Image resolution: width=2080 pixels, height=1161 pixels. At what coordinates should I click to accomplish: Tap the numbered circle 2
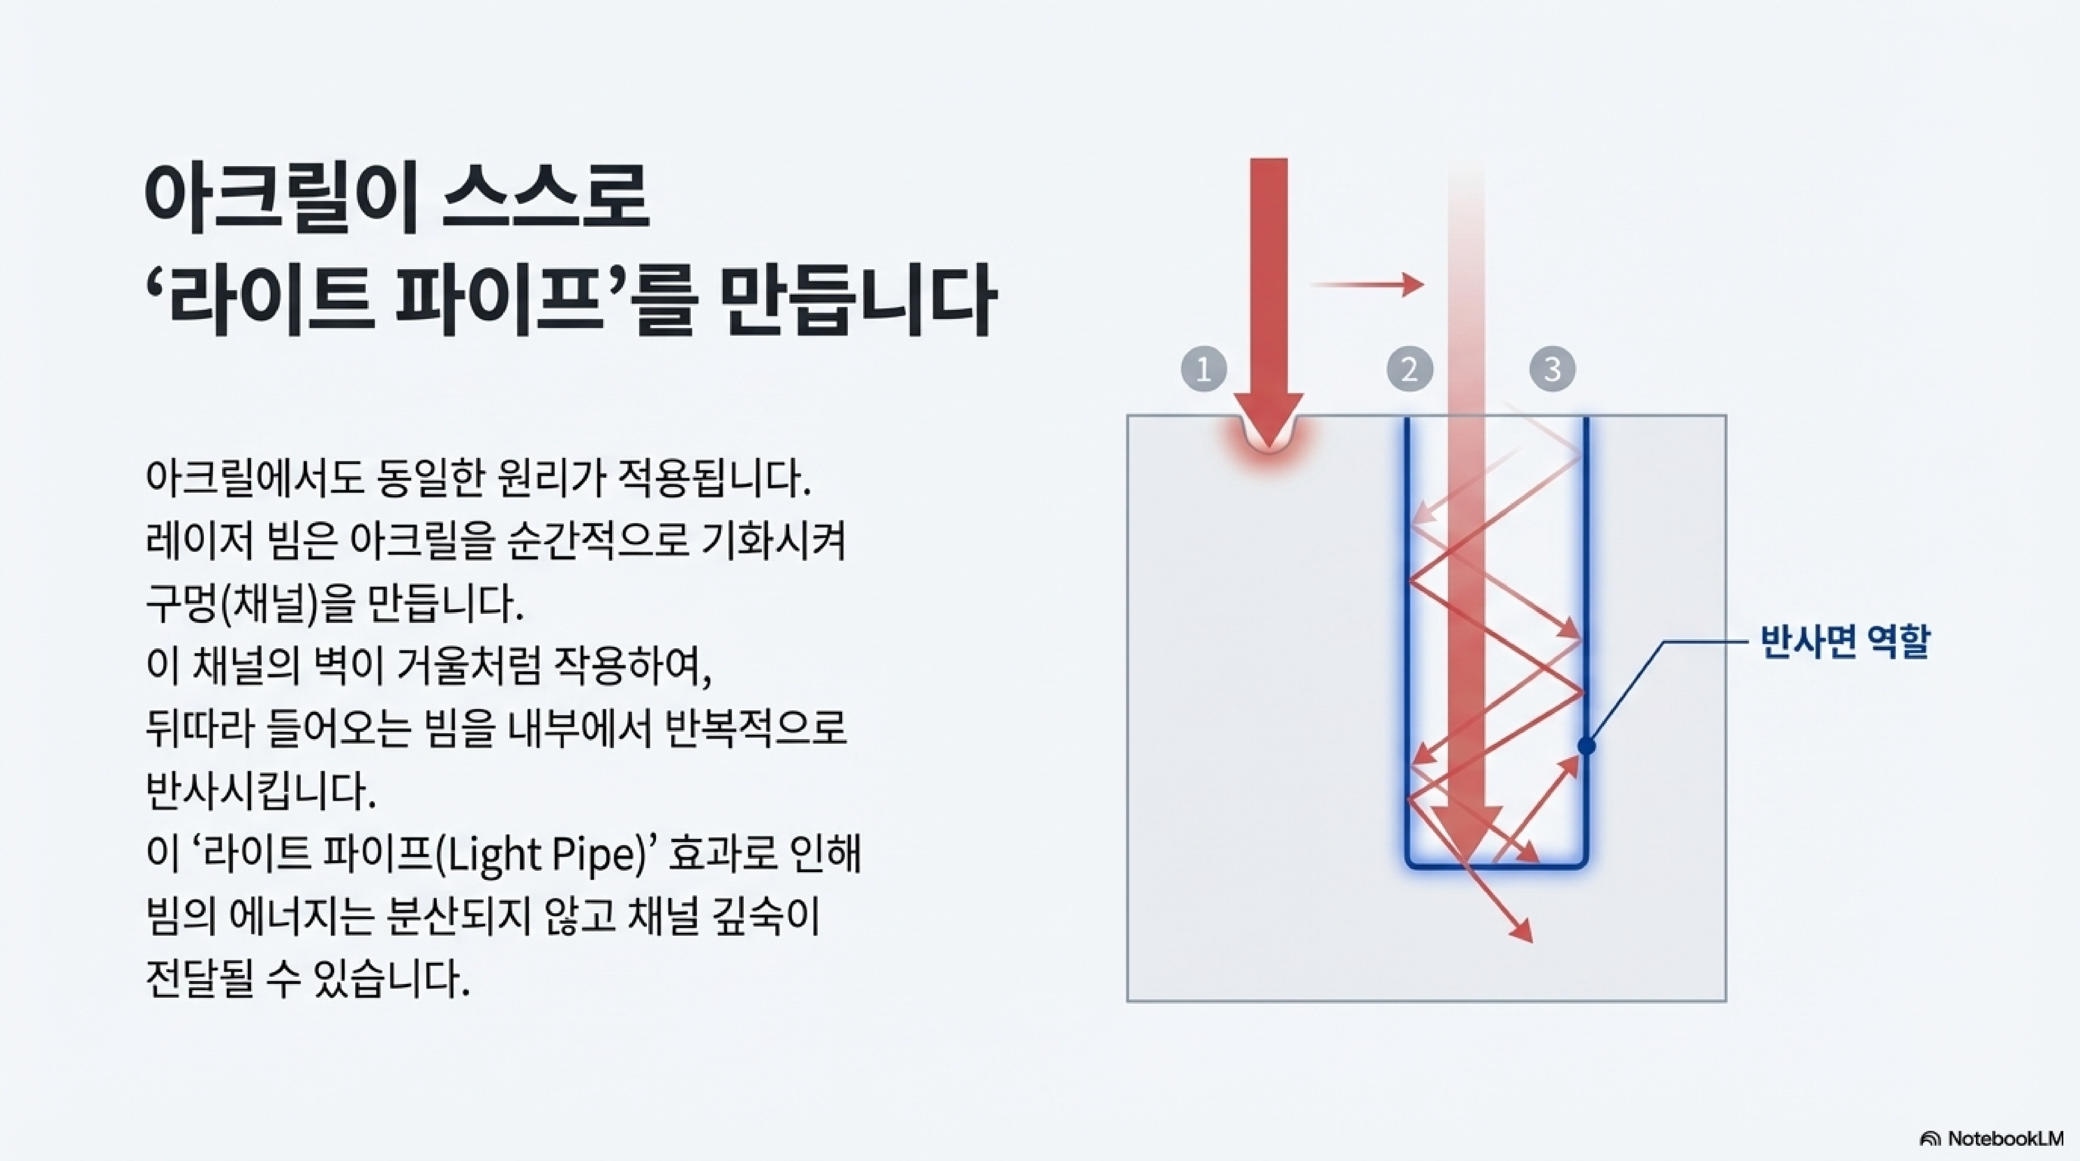coord(1410,370)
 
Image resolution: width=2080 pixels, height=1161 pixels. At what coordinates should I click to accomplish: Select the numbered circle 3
coord(1552,370)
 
